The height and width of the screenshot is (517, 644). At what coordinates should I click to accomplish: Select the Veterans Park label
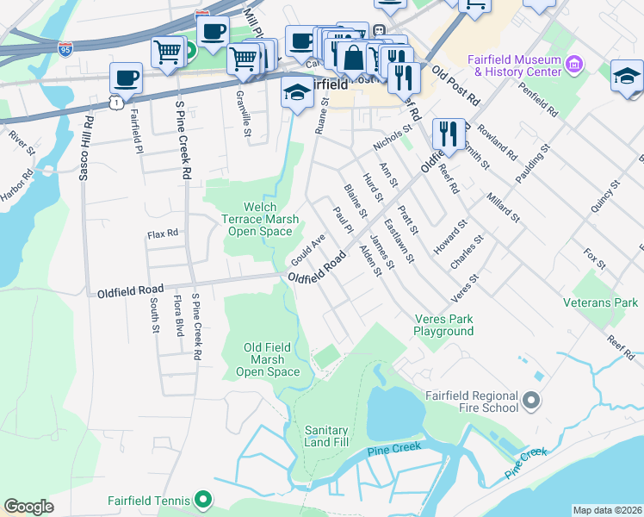600,302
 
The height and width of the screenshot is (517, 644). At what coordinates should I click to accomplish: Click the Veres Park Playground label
443,325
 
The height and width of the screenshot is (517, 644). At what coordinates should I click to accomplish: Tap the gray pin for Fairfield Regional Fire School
530,402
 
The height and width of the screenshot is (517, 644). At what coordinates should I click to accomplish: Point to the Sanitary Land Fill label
326,436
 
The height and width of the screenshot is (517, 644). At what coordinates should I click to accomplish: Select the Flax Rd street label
162,234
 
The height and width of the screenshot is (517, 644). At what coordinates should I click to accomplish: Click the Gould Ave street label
307,249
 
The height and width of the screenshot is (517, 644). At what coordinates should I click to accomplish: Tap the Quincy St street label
609,197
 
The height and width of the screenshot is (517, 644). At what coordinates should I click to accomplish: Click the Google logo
29,507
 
